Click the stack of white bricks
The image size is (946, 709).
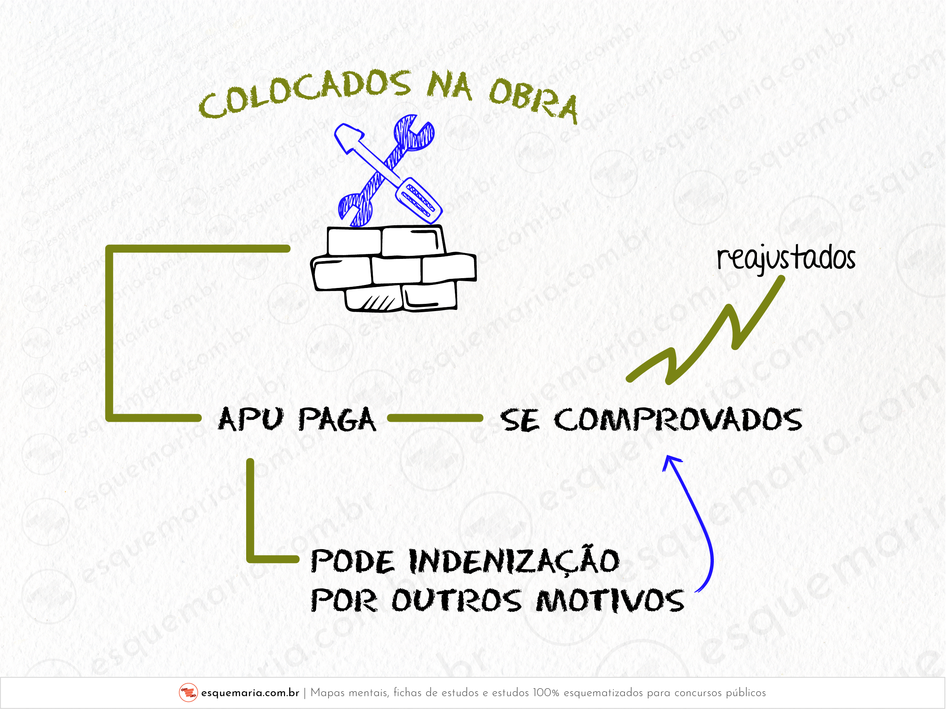coord(394,269)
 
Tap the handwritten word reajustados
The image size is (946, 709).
coord(786,259)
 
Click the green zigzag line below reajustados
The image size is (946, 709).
coord(706,337)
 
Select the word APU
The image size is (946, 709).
coord(251,419)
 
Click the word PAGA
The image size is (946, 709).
coord(337,420)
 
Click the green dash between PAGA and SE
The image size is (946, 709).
coord(435,418)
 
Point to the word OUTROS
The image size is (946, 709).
coord(457,601)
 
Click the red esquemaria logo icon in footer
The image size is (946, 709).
coord(188,693)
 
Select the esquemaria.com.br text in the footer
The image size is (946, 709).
coord(250,693)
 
